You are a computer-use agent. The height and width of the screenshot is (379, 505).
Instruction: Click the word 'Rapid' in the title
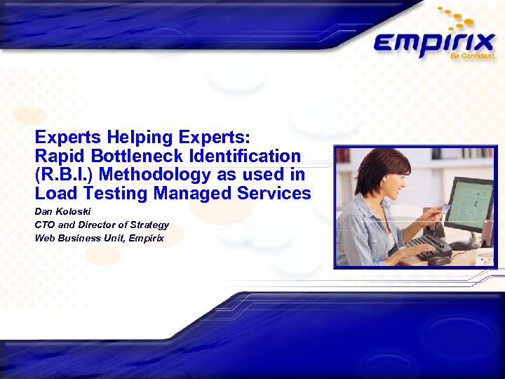click(58, 156)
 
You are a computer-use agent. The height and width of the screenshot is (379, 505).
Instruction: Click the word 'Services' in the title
click(274, 192)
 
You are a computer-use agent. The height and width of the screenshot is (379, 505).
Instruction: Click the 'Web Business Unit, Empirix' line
click(100, 238)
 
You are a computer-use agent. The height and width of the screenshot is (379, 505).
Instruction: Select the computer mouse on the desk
click(440, 260)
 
